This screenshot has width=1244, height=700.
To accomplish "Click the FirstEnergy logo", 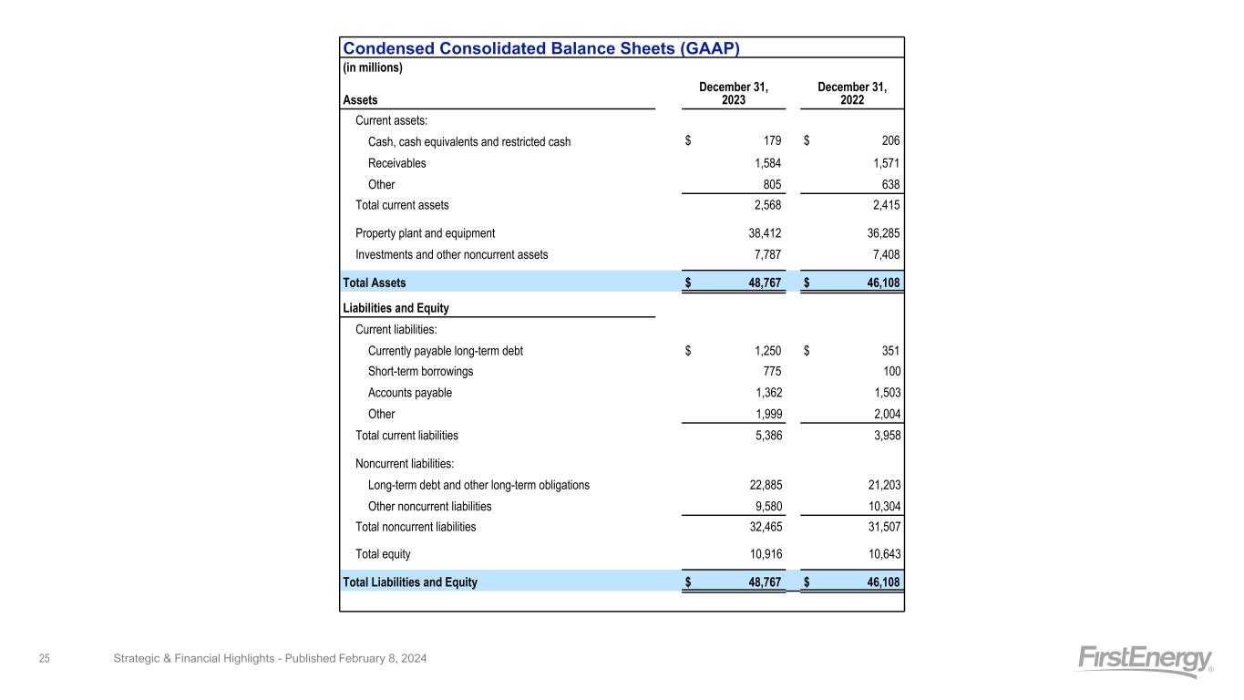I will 1145,661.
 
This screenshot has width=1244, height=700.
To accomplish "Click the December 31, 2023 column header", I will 734,93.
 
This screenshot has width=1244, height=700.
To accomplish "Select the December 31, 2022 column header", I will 852,93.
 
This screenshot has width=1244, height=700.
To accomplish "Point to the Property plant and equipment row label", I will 425,232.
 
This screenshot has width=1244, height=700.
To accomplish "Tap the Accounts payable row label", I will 409,393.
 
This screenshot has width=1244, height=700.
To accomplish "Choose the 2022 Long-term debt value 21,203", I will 879,485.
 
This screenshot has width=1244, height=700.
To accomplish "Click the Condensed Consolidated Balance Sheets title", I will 540,48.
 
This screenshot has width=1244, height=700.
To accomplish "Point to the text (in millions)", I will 373,67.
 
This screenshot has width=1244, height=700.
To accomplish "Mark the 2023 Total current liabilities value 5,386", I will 765,436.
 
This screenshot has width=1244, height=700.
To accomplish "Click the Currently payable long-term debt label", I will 445,351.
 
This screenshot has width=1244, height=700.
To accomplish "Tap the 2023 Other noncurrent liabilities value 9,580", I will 765,506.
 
